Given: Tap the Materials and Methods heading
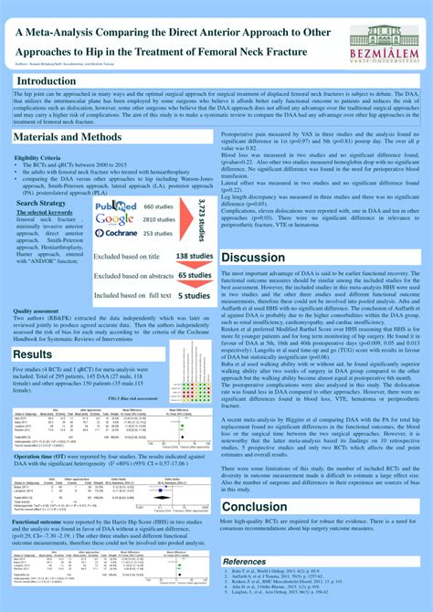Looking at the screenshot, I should (67, 136).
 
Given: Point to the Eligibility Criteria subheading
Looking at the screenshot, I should (37, 157).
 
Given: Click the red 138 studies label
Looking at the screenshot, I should (194, 257).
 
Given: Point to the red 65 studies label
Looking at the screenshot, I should (195, 275).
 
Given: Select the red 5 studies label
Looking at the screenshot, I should (195, 295).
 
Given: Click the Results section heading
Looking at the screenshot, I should (33, 354).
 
